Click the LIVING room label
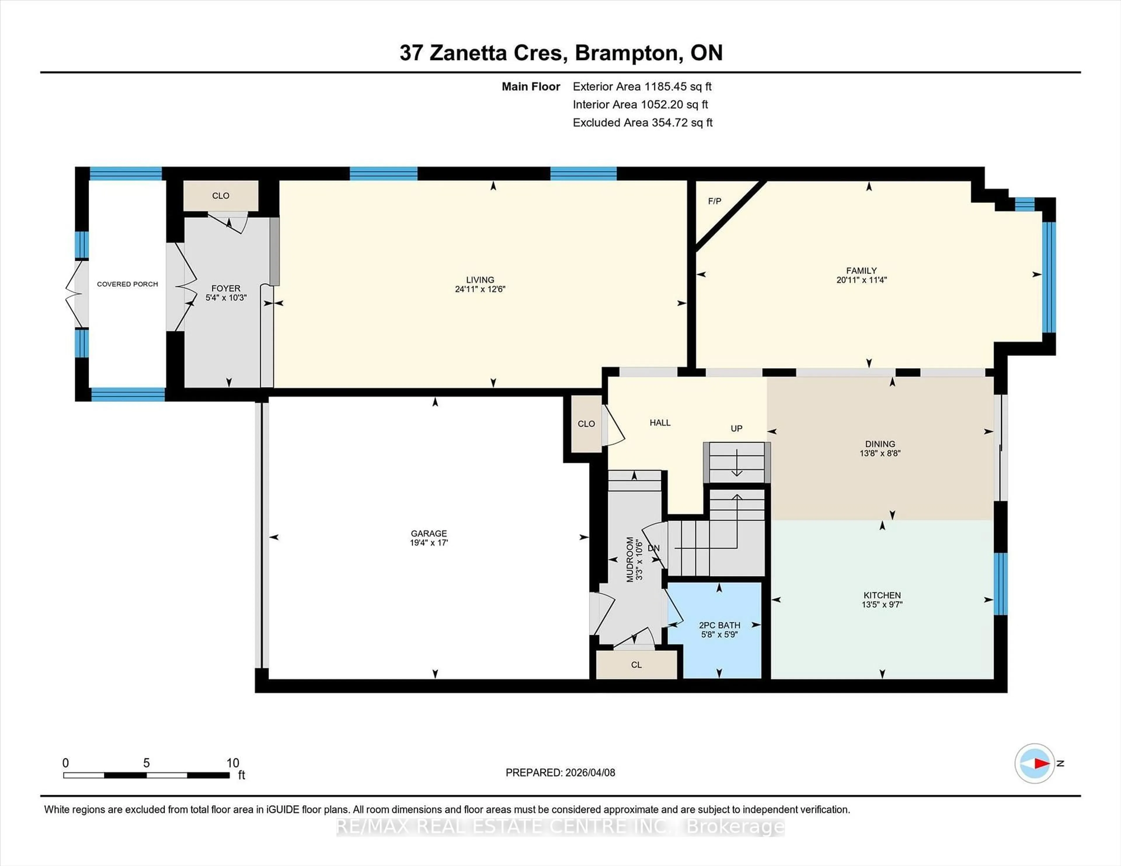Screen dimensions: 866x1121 click(480, 280)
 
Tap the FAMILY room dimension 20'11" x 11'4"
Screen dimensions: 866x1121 click(861, 280)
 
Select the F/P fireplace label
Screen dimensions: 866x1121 click(714, 201)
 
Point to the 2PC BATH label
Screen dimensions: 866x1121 click(719, 625)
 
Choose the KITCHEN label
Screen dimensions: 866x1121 click(882, 595)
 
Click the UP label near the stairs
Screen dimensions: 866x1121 click(736, 428)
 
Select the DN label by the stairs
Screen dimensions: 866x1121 click(653, 548)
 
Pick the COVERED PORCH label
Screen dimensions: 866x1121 click(127, 284)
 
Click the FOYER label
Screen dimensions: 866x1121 click(226, 288)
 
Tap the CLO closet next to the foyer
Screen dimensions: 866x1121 click(221, 195)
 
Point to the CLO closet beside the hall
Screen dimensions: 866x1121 click(586, 424)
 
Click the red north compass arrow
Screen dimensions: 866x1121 click(1041, 763)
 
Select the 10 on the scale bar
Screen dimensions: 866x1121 click(232, 763)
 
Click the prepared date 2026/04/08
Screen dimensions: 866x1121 click(590, 773)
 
